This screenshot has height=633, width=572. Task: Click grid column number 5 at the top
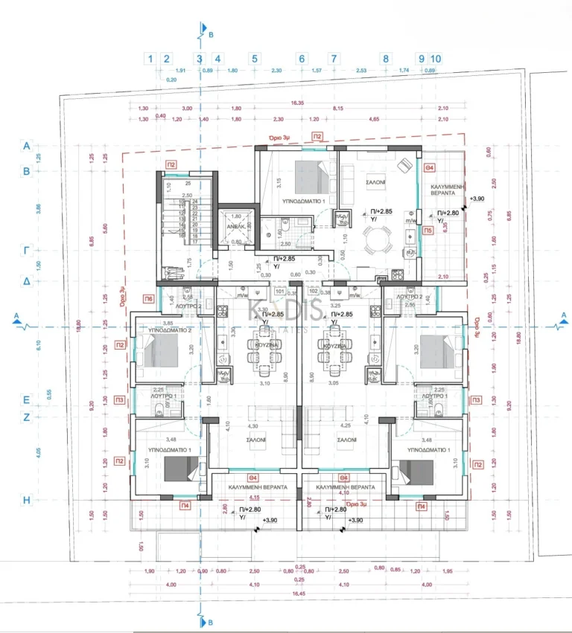pos(254,58)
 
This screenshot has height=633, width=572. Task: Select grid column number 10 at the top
pos(436,58)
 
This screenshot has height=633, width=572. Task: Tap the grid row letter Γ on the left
pos(26,251)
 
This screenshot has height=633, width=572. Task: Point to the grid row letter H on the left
pos(26,501)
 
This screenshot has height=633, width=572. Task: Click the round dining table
pos(375,240)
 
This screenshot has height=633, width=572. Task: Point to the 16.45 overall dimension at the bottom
pos(298,594)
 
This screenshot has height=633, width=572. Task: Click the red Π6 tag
pos(149,298)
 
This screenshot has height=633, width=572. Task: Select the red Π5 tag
pos(428,231)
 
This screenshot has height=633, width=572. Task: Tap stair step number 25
pos(188,182)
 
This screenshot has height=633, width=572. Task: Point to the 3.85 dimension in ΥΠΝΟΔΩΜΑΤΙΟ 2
pos(168,323)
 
